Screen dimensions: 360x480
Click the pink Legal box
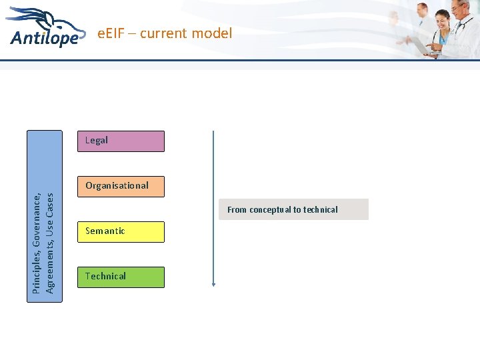pyautogui.click(x=120, y=141)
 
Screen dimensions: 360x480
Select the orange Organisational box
pyautogui.click(x=120, y=186)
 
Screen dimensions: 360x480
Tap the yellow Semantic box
pyautogui.click(x=120, y=231)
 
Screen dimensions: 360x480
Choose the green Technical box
pyautogui.click(x=120, y=276)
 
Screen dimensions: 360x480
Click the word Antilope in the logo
pyautogui.click(x=44, y=38)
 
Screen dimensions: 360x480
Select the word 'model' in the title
pyautogui.click(x=213, y=33)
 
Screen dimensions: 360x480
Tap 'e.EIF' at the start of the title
pyautogui.click(x=111, y=33)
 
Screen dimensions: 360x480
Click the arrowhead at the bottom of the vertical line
pyautogui.click(x=213, y=284)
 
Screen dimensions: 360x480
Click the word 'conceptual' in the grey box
pyautogui.click(x=275, y=210)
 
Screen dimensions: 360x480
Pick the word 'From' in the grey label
pyautogui.click(x=237, y=210)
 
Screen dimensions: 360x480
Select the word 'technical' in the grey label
pyautogui.click(x=320, y=210)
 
